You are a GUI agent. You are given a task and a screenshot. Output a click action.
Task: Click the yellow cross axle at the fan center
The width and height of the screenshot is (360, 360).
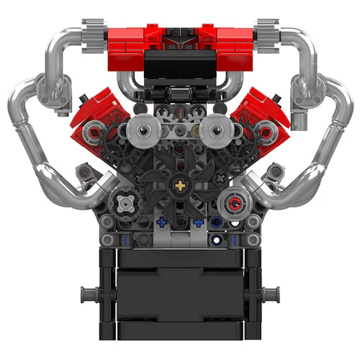pos(179,186)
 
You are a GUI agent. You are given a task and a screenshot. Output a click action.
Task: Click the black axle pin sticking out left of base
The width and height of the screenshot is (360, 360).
pos(89,294)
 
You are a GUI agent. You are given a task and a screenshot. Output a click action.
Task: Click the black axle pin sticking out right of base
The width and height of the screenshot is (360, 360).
pos(270,294)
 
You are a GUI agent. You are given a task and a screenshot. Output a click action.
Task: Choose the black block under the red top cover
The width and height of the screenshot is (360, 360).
pos(180,68)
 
